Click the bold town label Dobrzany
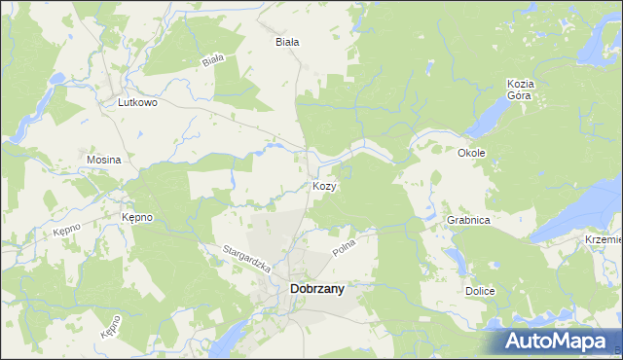[316, 288]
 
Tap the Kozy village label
[325, 186]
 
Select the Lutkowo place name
[137, 101]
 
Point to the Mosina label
[103, 160]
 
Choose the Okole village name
[471, 153]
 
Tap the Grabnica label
[468, 221]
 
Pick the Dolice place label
[480, 292]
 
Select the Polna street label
[345, 245]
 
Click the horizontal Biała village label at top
[286, 42]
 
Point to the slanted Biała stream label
[213, 60]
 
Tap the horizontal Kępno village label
[136, 217]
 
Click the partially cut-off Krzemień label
[604, 239]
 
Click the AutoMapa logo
[559, 341]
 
